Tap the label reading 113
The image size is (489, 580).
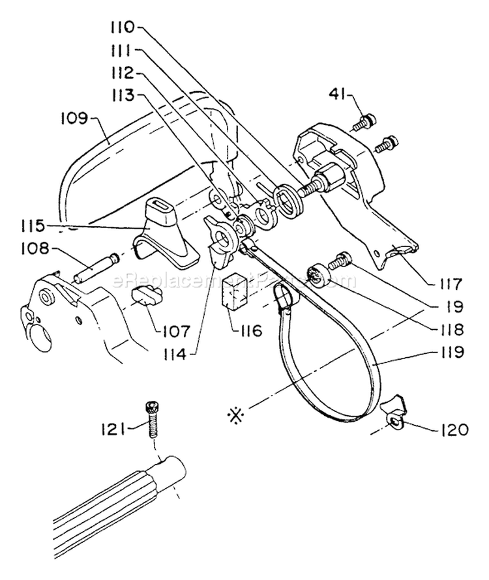pyautogui.click(x=122, y=94)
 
